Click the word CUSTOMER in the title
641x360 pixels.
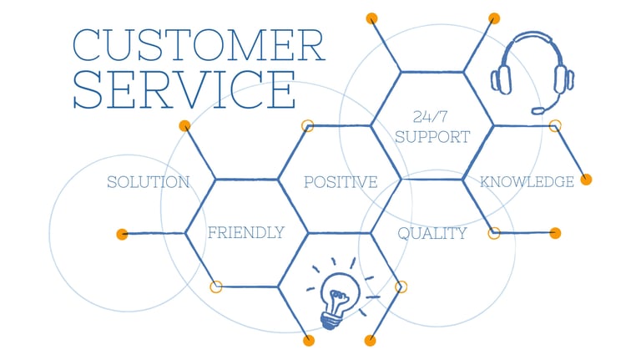pos(199,46)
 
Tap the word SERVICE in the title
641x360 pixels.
pos(184,90)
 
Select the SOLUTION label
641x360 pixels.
pos(149,182)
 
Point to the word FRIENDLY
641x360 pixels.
pos(245,232)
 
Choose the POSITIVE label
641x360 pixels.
pos(341,182)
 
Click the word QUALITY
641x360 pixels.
pos(432,233)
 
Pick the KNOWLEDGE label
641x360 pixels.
pos(527,181)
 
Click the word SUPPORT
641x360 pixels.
pos(432,136)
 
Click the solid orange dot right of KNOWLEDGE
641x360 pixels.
pos(586,180)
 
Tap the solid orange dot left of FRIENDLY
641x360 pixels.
pos(123,234)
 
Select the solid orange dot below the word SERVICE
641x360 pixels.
pos(184,126)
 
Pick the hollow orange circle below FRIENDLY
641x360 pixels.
pos(216,286)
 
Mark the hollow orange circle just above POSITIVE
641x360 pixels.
pos(307,126)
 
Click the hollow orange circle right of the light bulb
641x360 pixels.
pos(401,286)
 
